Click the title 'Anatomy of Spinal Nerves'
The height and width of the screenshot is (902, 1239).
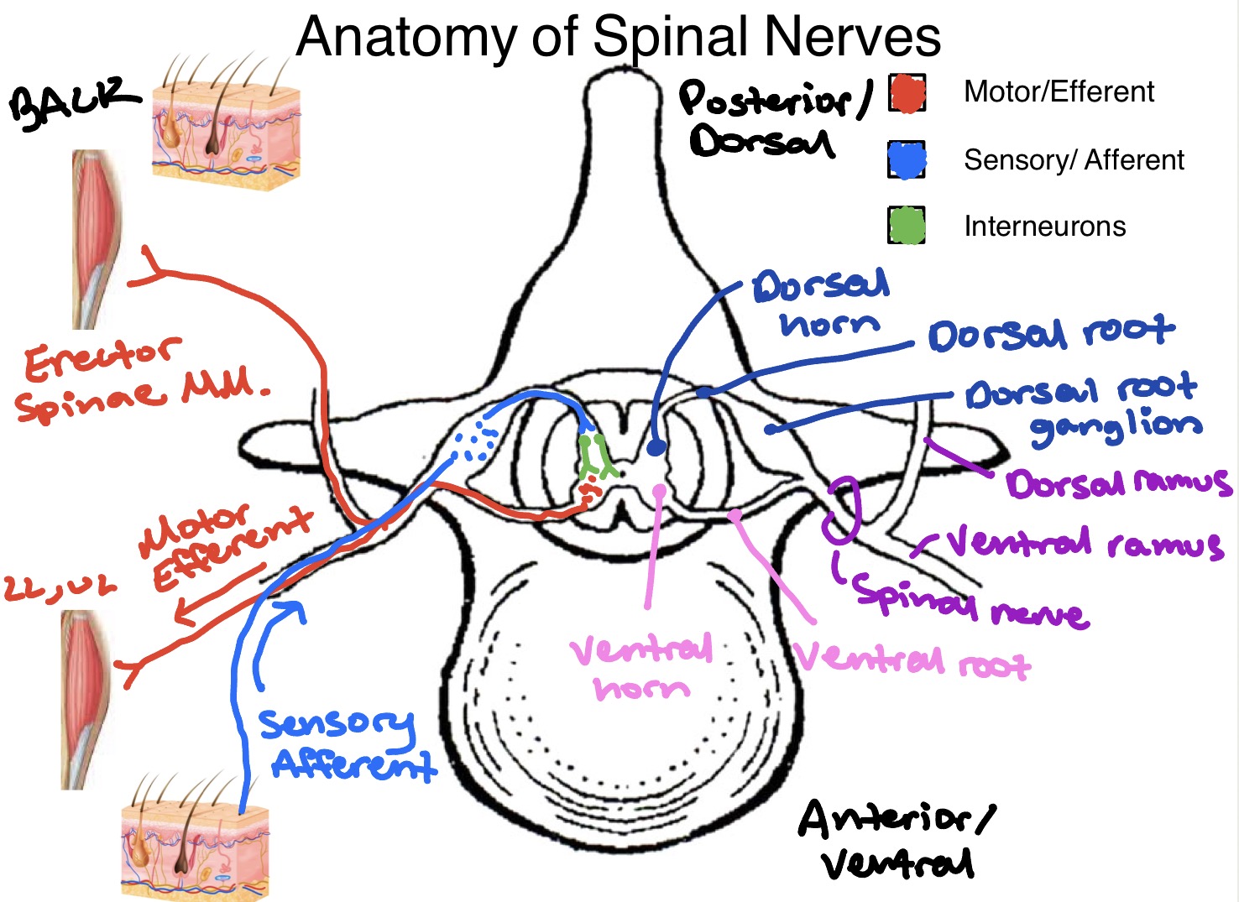tap(619, 37)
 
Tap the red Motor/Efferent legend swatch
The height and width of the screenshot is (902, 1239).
tap(907, 93)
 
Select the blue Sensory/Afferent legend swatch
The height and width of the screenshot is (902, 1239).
tap(907, 159)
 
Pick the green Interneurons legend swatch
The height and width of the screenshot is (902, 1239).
tap(907, 226)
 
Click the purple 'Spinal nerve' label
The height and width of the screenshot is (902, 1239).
tap(970, 602)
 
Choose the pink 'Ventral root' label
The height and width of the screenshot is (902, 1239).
tap(911, 660)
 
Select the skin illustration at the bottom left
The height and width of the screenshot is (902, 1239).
tap(195, 843)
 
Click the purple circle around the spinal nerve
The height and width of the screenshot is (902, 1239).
tap(842, 510)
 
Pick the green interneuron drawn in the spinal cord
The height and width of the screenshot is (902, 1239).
tap(596, 457)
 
